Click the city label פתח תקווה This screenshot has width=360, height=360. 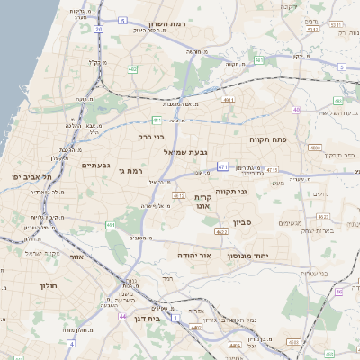(269, 140)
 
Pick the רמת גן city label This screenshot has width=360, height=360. (130, 170)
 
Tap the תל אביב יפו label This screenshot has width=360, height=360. (31, 177)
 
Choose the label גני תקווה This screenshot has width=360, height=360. (231, 191)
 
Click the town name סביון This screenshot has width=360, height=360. (243, 221)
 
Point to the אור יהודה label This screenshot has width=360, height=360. (193, 256)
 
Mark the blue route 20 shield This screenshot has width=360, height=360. (98, 29)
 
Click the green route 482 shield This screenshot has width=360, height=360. (132, 68)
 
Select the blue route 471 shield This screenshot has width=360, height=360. (222, 166)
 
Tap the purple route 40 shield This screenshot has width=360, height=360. (296, 110)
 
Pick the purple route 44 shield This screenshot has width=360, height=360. (122, 317)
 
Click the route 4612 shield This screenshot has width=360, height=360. (178, 195)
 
